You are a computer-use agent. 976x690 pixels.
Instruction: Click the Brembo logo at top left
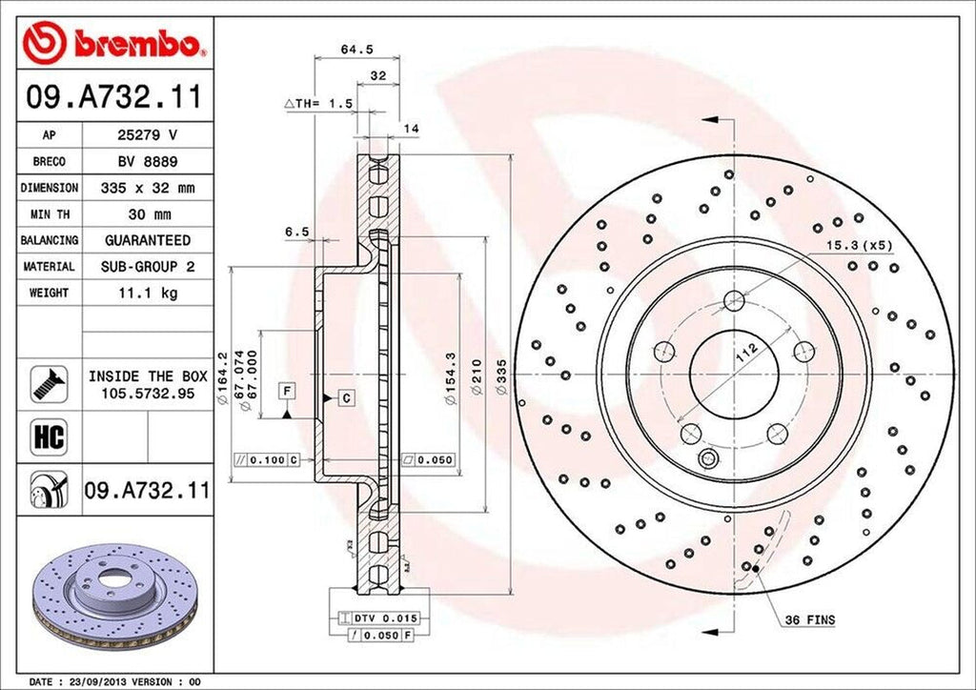(115, 43)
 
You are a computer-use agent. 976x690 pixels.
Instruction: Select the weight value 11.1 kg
(147, 294)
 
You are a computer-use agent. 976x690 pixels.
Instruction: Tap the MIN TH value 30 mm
(147, 214)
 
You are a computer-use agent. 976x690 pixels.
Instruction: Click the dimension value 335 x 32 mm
(147, 189)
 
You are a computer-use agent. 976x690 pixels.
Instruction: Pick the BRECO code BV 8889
(147, 162)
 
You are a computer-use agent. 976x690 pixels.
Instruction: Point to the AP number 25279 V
(147, 136)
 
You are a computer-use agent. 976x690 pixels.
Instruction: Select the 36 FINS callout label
(809, 620)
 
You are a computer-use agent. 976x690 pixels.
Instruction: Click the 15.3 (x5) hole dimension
(858, 246)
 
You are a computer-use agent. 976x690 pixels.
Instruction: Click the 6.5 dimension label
(296, 232)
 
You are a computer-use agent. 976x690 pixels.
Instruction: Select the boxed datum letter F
(285, 389)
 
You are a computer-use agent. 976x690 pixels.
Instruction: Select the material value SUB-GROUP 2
(147, 267)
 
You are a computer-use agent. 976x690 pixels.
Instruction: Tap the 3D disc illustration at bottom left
(113, 597)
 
